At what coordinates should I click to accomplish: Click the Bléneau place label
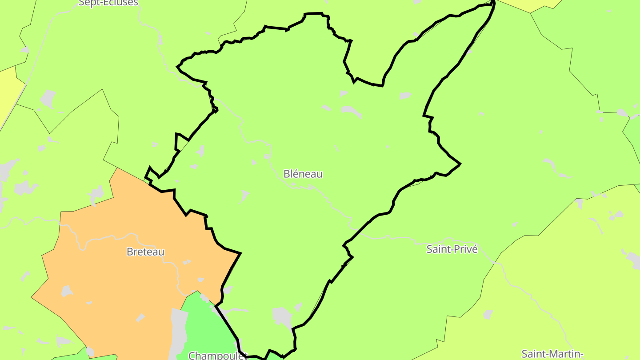point(303,174)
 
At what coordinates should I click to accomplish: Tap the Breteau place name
point(145,252)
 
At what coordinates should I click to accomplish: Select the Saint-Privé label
point(452,249)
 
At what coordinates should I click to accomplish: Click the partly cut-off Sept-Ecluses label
point(108,3)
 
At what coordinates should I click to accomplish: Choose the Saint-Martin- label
point(552,354)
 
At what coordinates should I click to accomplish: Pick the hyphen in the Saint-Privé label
point(451,250)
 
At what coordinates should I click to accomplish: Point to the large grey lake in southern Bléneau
point(282,316)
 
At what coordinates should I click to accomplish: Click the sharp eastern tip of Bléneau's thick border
point(460,164)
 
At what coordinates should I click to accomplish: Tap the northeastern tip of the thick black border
point(493,3)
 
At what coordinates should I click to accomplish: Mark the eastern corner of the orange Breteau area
point(240,253)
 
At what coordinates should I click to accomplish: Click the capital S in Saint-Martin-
point(524,354)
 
